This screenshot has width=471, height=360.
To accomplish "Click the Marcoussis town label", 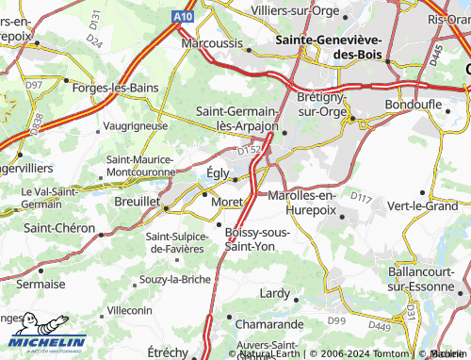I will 214,43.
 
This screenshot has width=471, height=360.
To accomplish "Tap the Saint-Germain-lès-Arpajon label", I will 237,118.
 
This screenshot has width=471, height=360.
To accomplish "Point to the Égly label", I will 216,172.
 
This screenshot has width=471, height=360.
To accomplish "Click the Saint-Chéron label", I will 58,228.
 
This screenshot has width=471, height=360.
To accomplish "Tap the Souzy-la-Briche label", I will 174,279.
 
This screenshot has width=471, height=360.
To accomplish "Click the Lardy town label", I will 275,294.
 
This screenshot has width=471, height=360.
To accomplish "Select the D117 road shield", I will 361,196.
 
